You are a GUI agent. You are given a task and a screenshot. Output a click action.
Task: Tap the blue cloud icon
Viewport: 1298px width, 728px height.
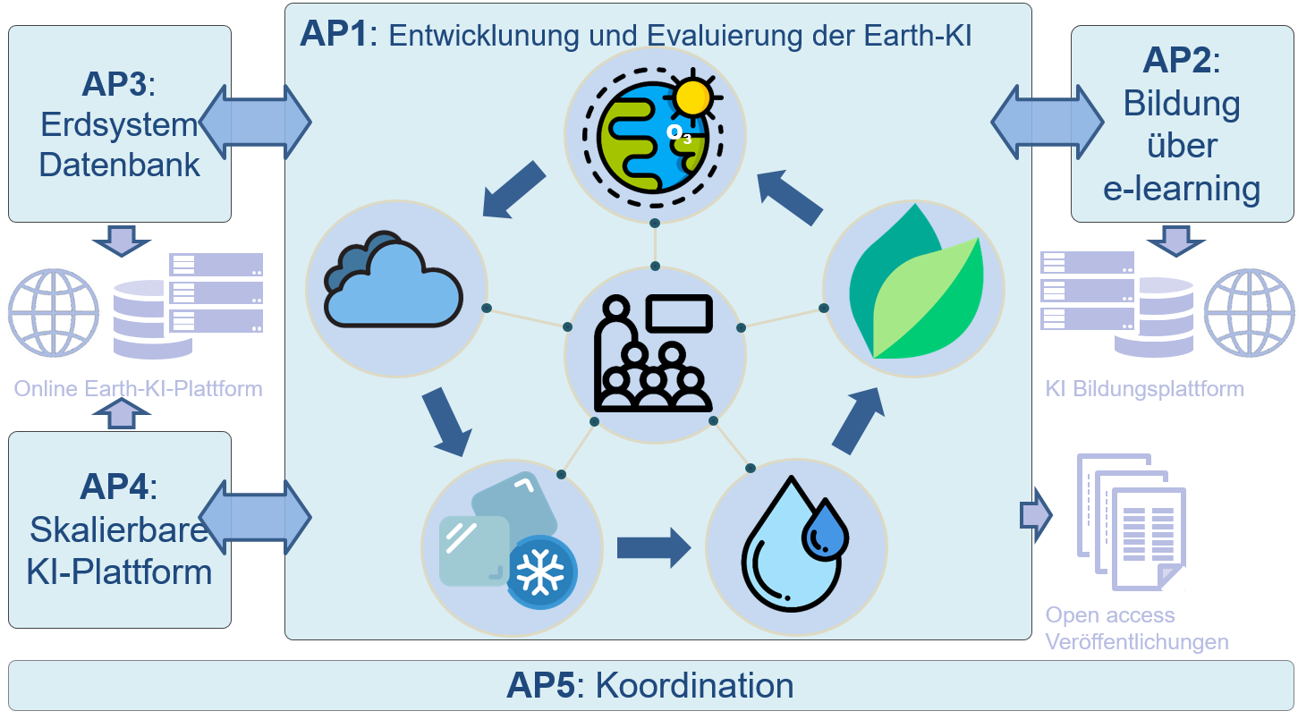(393, 279)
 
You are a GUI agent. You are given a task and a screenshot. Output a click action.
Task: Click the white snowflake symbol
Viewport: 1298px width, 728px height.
(540, 571)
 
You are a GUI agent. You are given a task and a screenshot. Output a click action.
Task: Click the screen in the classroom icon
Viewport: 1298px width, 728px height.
(679, 314)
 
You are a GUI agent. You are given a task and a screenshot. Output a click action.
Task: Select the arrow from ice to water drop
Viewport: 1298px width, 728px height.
(654, 547)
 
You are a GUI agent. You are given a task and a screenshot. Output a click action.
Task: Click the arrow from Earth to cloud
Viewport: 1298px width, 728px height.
(513, 190)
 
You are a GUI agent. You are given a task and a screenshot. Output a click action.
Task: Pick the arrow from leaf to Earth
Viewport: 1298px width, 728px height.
(790, 197)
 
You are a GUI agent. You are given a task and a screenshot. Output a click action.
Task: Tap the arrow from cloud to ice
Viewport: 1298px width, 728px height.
(446, 421)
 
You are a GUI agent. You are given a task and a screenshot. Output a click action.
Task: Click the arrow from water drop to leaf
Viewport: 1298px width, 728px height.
(859, 419)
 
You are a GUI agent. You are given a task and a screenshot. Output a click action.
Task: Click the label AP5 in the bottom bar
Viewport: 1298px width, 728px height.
(540, 686)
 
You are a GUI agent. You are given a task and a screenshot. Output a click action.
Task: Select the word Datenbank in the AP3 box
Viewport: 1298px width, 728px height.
(119, 165)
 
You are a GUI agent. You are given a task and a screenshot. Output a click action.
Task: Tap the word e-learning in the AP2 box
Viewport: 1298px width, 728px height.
(1182, 189)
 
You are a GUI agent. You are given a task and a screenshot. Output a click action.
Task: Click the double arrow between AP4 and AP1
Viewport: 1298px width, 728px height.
(255, 517)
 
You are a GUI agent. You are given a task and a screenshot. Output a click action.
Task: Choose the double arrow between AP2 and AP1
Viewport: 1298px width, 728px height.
(1048, 123)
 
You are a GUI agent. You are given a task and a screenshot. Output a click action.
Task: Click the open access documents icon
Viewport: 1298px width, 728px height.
(1132, 522)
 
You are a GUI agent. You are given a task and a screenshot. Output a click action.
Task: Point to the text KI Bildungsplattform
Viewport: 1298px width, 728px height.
(1144, 389)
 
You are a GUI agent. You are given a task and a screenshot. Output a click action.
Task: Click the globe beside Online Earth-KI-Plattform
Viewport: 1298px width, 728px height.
(54, 313)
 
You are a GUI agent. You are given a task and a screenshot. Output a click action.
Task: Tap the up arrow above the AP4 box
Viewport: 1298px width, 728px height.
(122, 413)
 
